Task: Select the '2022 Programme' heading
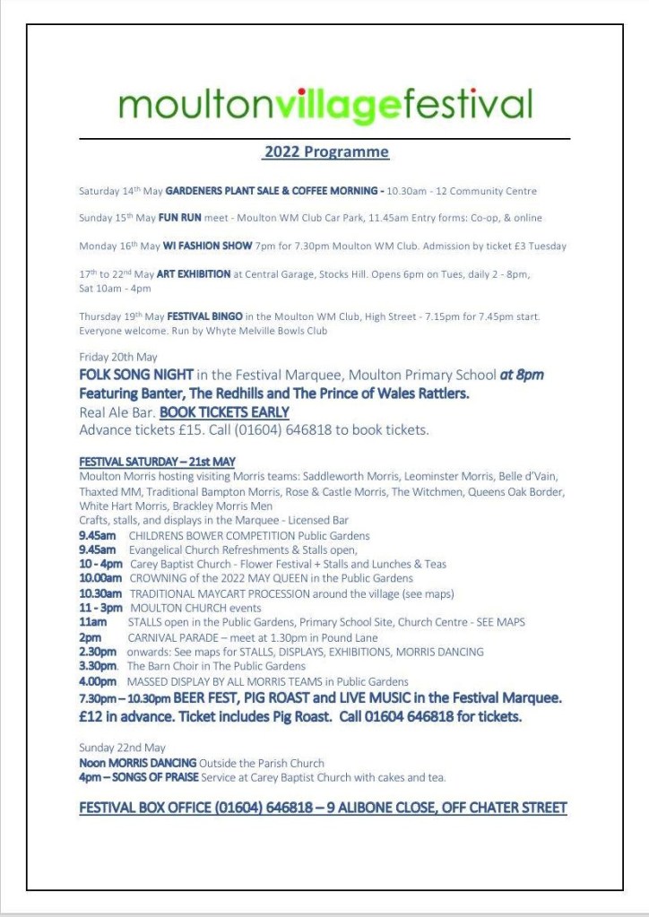326,151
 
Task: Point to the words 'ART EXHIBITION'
193,274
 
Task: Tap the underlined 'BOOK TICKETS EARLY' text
224,412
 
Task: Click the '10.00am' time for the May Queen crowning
98,579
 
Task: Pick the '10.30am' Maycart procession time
98,593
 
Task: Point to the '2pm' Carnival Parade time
90,637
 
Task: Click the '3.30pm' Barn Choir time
98,666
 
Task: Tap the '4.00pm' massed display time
98,681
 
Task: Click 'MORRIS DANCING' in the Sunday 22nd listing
151,763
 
